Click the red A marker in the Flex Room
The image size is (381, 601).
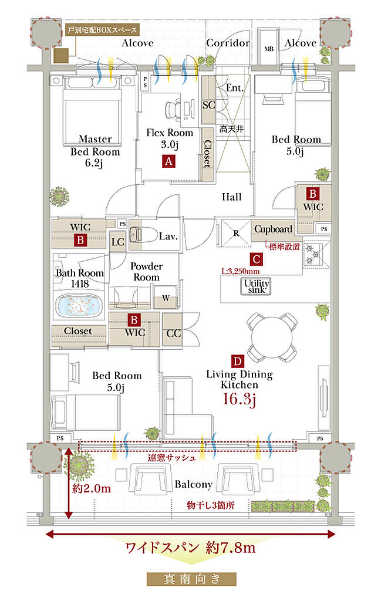[x=168, y=161]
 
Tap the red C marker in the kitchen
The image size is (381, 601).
[x=256, y=259]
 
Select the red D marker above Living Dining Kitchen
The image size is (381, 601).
[x=237, y=361]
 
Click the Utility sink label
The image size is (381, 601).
[x=257, y=286]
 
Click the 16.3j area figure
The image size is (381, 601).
[x=239, y=399]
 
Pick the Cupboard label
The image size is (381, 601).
[x=273, y=229]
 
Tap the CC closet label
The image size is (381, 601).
[x=173, y=333]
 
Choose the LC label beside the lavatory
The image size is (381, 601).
[x=117, y=242]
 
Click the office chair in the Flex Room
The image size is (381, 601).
[x=173, y=109]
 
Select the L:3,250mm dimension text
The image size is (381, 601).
[x=240, y=271]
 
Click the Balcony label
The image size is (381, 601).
[x=193, y=484]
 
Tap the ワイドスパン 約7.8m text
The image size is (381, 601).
[x=190, y=548]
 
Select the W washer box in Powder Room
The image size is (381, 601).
[x=166, y=298]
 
